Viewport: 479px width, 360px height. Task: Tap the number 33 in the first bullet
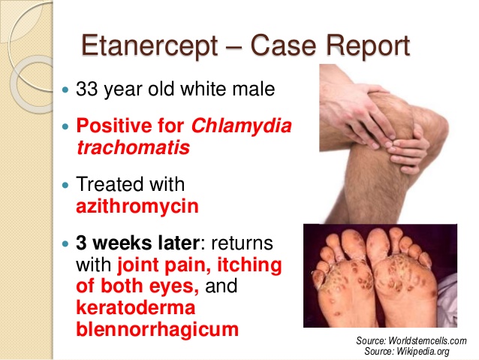[89, 89]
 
